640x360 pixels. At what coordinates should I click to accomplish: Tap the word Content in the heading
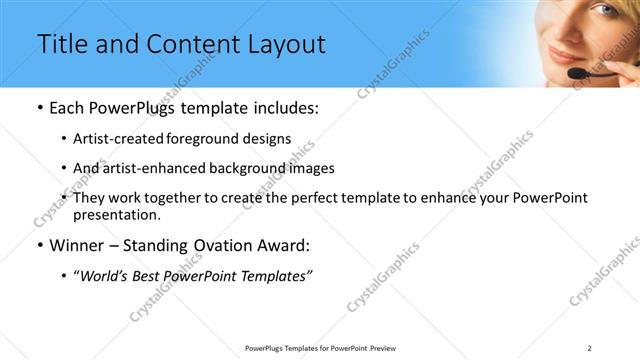(184, 44)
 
